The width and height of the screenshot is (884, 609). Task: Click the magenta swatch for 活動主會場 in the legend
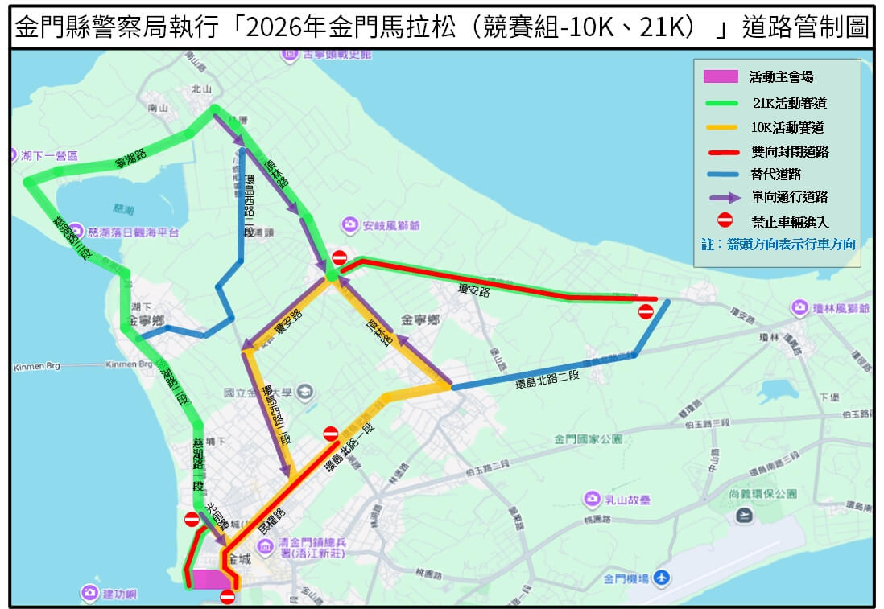(721, 76)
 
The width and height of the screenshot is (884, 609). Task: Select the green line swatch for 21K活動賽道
(721, 103)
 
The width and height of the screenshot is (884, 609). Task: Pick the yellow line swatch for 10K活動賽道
(721, 127)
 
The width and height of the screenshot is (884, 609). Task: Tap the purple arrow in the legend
(721, 196)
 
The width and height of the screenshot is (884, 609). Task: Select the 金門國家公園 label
(589, 439)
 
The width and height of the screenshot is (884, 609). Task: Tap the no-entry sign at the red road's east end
(646, 311)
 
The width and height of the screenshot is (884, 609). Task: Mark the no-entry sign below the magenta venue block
(227, 597)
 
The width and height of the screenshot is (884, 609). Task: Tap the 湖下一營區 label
(50, 155)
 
